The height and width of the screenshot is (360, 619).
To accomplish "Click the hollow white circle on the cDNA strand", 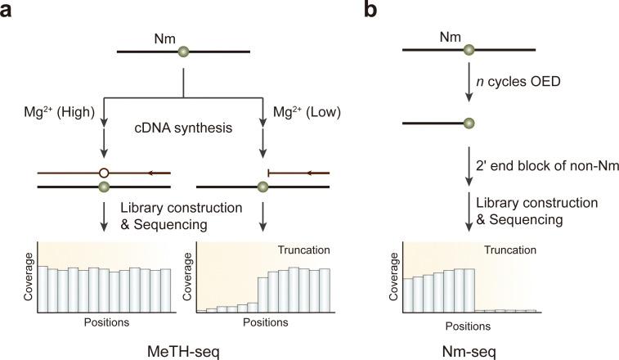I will pyautogui.click(x=103, y=173).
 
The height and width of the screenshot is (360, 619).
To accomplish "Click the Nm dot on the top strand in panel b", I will pyautogui.click(x=469, y=51).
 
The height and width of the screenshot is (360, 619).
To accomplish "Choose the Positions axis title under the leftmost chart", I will pyautogui.click(x=106, y=322).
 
